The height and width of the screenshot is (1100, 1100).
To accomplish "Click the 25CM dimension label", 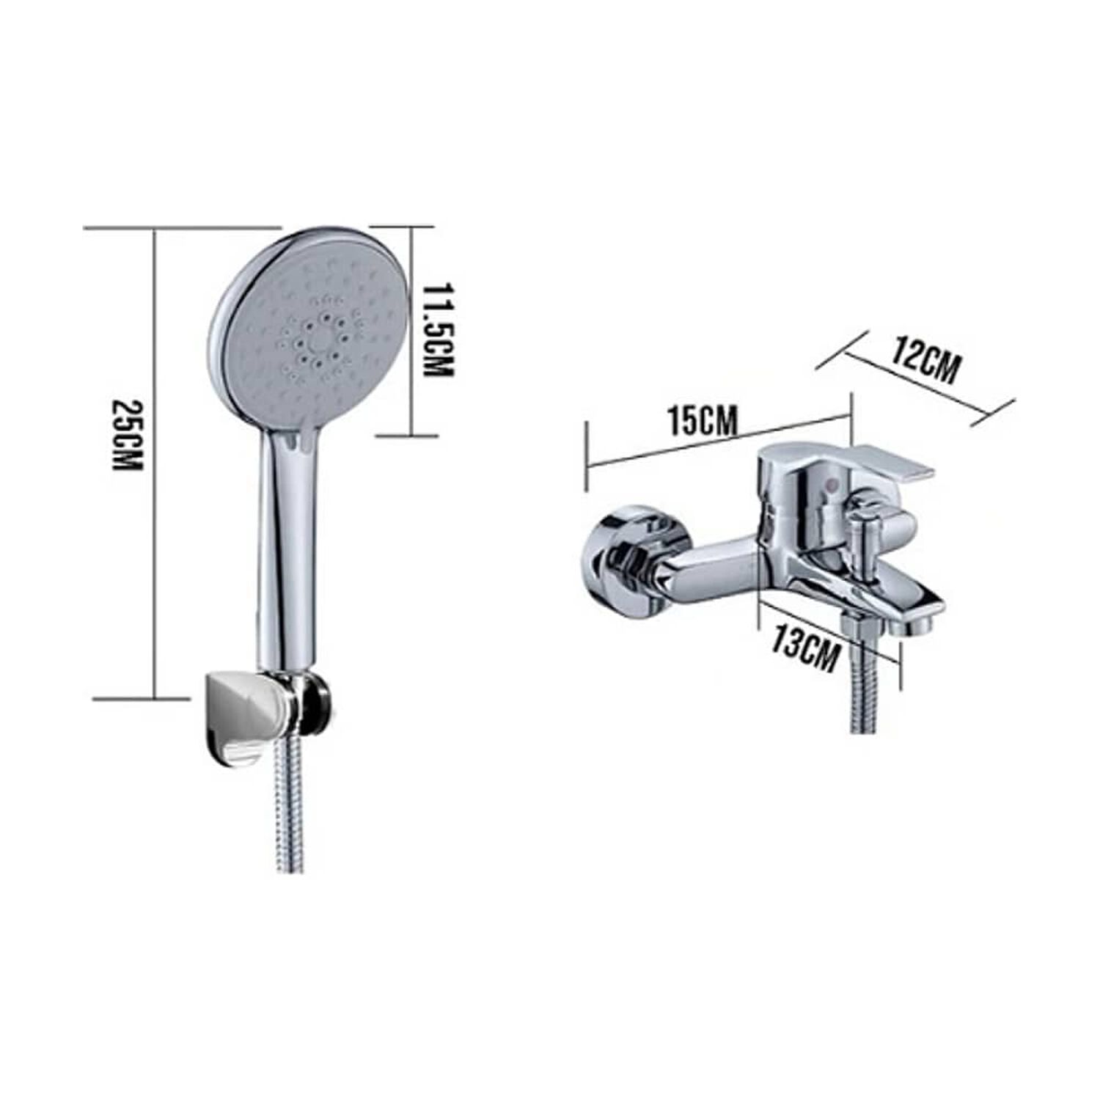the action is (x=126, y=435).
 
